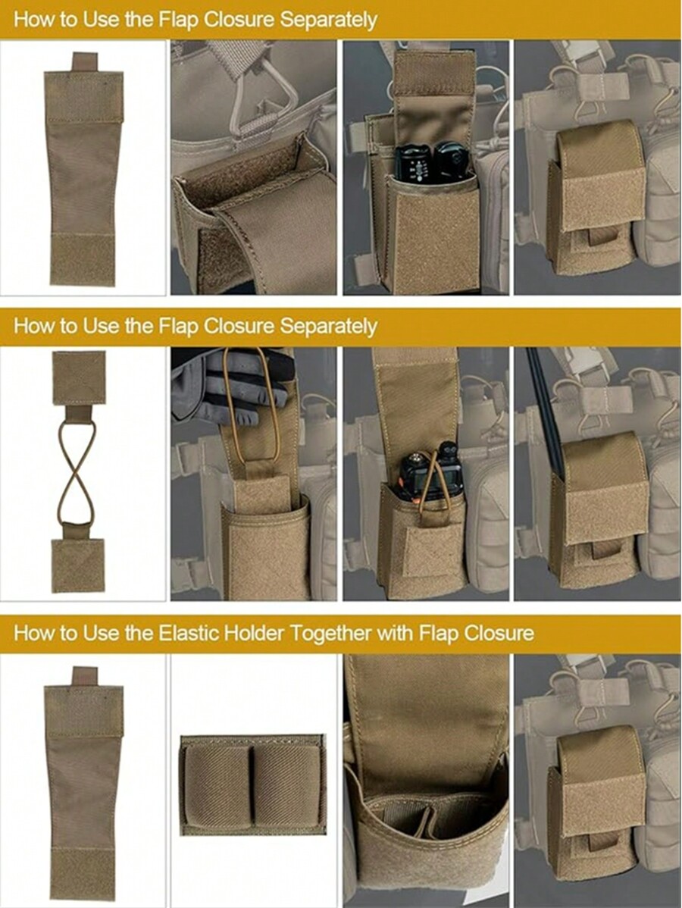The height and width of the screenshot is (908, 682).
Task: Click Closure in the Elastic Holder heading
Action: tap(497, 633)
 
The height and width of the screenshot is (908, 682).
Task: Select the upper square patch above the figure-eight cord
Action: tap(78, 377)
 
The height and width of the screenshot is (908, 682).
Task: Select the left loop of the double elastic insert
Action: tap(217, 784)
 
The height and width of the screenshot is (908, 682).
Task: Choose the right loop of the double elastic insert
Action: tap(286, 784)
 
